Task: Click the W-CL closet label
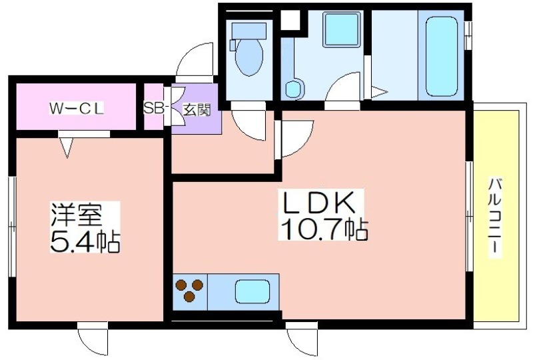coord(77,109)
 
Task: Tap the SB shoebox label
coord(152,108)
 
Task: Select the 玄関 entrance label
coord(197,109)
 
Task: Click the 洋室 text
coord(76,215)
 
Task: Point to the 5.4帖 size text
coord(85,241)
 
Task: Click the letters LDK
coord(317,203)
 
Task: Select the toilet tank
coord(249,30)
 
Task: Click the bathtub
coord(441,57)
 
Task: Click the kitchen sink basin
coord(252,292)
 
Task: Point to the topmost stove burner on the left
coord(181,285)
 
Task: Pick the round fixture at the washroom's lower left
coord(294,89)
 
